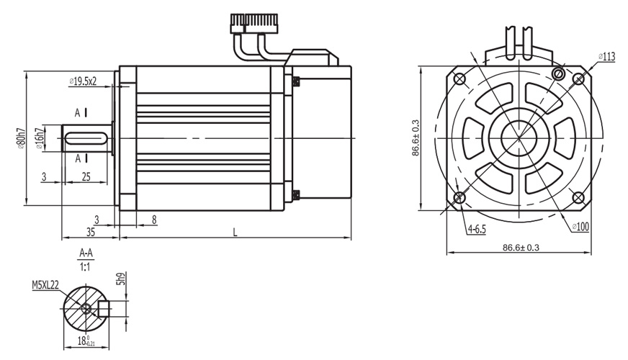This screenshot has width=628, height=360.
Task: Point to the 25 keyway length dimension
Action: point(86,176)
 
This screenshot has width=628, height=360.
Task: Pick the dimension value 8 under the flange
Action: point(154,218)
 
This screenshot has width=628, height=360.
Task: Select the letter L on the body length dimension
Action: point(235,232)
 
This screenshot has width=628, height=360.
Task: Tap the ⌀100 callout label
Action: point(580,227)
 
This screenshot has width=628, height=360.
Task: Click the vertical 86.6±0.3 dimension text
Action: point(416,138)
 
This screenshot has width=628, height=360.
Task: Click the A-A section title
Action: point(86,253)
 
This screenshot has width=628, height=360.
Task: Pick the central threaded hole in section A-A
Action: point(86,308)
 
